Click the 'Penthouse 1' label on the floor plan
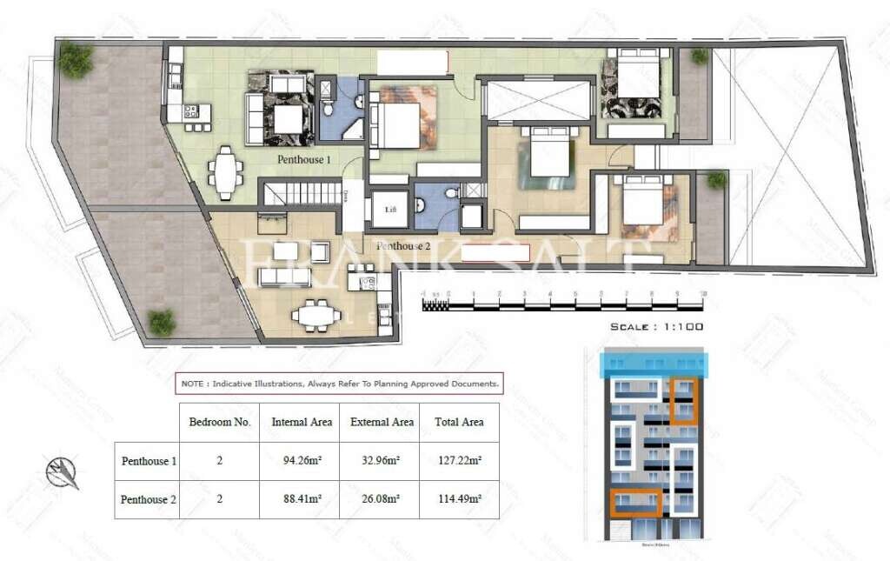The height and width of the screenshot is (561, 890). click(304, 160)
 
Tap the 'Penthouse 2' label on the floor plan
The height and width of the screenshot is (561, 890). click(404, 246)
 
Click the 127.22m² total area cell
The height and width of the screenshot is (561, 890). click(459, 461)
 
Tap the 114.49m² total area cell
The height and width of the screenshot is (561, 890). click(459, 499)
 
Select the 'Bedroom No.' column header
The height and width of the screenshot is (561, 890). click(220, 422)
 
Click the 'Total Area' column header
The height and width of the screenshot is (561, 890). click(459, 422)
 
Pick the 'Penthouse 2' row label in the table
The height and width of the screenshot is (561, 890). click(148, 499)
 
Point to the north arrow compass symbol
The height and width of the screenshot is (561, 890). click(62, 472)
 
